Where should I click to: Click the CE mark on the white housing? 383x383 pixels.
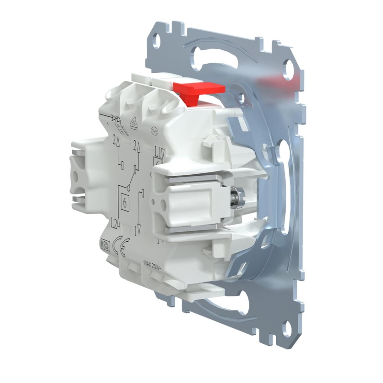(122, 248)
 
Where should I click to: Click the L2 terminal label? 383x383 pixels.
(114, 222)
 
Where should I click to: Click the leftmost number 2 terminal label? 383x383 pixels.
(116, 141)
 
